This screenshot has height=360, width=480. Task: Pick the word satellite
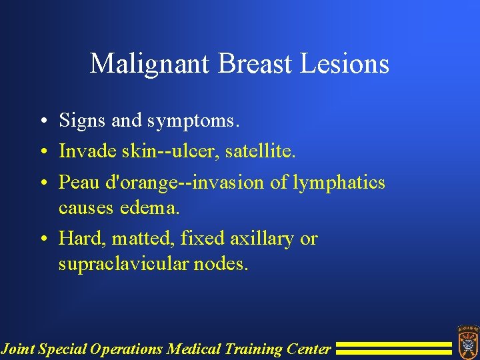tap(259, 151)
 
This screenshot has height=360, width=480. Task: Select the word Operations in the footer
tap(129, 349)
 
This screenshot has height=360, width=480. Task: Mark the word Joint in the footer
tap(18, 349)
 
